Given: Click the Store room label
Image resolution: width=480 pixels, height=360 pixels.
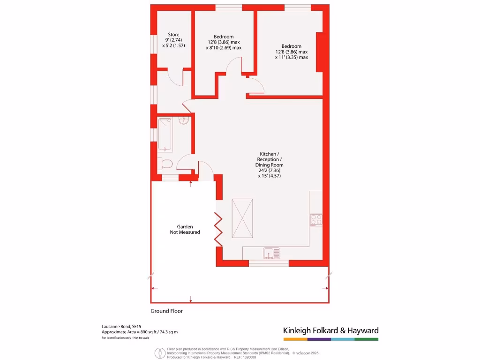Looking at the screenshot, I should (174, 35).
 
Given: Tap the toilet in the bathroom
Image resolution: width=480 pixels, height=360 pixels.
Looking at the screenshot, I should (165, 164).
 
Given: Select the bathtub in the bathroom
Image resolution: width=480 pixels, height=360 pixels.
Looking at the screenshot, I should (165, 135).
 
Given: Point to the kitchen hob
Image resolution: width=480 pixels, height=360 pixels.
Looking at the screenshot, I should (316, 219).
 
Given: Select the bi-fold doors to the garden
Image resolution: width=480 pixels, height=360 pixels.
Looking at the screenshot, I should (218, 228).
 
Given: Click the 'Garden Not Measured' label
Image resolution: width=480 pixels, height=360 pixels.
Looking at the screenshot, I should (185, 229).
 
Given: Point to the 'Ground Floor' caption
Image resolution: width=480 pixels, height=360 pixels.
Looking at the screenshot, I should (166, 311).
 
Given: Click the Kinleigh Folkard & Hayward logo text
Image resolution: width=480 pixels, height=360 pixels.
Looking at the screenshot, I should (330, 330).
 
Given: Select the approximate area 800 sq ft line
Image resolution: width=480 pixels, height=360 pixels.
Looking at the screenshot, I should (140, 332).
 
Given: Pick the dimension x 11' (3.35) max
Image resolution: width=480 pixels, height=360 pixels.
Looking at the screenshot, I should (291, 57).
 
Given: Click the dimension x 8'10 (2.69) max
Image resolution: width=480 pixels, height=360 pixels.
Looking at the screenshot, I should (224, 48).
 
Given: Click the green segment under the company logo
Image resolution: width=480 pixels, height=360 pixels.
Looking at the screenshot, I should (366, 338).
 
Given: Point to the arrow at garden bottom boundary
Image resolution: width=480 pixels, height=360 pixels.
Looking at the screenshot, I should (191, 299).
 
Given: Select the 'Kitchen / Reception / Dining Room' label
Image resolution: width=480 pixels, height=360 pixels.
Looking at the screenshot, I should (269, 159).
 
